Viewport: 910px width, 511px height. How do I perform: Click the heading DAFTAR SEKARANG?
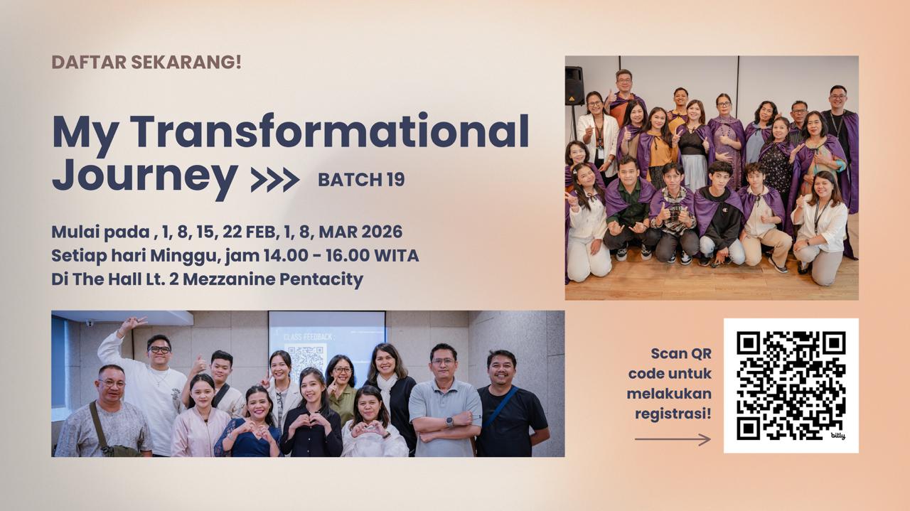point(146,62)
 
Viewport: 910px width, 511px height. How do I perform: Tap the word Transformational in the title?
point(329,131)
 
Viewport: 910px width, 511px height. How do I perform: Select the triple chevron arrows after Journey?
point(275,180)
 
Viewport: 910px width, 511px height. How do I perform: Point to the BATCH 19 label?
point(361,180)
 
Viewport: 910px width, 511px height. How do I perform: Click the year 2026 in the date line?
point(382,232)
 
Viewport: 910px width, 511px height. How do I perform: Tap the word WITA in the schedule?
point(396,256)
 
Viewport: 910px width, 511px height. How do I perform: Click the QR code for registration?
point(791,385)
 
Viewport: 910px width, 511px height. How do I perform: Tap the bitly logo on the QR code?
point(837,436)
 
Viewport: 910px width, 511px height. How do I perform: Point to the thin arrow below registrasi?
point(673,439)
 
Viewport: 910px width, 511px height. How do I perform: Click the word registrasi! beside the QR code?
point(673,414)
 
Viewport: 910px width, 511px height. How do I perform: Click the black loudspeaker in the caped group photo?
point(574,86)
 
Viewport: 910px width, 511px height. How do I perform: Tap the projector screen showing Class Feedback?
point(327,345)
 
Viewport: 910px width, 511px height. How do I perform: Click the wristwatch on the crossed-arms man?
point(449,421)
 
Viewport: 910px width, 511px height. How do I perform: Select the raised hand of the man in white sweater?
point(131,323)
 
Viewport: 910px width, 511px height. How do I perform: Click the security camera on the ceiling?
point(90,323)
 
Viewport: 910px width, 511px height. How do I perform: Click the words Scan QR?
point(681,354)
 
